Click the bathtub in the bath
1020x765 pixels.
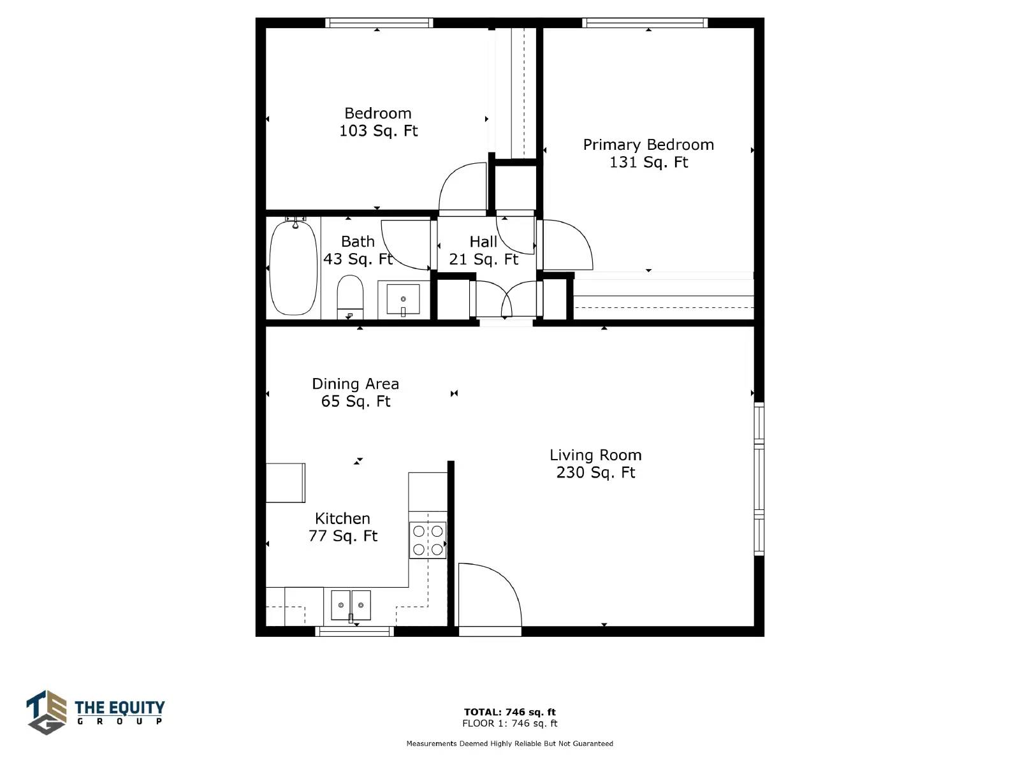click(293, 268)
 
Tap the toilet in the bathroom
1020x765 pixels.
click(350, 297)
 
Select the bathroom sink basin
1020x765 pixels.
click(403, 300)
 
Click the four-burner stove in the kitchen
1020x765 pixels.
click(428, 540)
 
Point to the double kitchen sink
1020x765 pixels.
click(351, 605)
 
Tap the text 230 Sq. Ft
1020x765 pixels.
click(595, 472)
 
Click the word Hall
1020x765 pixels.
click(483, 242)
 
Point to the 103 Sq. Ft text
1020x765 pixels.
click(378, 131)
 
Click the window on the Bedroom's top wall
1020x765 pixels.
click(379, 23)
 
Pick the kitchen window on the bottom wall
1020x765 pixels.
click(354, 631)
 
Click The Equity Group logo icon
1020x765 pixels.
click(47, 712)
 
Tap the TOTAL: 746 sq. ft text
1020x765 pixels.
click(510, 712)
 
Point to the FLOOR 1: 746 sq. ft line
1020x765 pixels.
click(510, 723)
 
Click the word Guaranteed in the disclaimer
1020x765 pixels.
click(592, 743)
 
